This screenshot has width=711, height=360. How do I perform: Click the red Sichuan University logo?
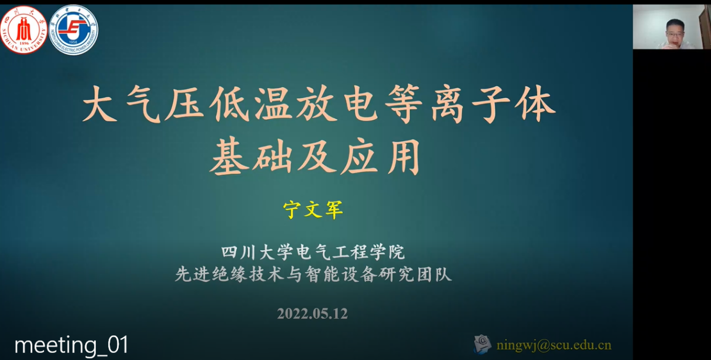point(24,29)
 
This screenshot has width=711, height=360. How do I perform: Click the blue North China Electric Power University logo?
point(73,30)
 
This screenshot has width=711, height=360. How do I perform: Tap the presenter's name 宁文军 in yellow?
point(313,210)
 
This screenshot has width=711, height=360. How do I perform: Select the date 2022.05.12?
point(313,314)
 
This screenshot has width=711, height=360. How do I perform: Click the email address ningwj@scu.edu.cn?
point(554,345)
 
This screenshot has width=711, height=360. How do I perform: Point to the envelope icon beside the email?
point(482,344)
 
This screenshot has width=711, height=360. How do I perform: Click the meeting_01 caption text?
point(72,345)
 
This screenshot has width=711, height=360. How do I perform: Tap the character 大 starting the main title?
point(100,104)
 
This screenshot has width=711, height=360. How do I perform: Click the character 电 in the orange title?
point(361,104)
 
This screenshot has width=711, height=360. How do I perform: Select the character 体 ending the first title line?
point(536,104)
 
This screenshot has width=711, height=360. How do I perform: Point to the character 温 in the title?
point(274,104)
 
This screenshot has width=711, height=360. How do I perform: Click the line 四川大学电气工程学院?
point(313,253)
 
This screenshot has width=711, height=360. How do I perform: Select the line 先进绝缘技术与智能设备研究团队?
point(313,274)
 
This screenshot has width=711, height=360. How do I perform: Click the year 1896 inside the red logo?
point(24,43)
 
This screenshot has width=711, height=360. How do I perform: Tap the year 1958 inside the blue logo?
point(73,42)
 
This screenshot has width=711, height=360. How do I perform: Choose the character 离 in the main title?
point(448,104)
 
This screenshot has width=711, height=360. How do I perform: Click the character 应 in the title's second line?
point(359,156)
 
